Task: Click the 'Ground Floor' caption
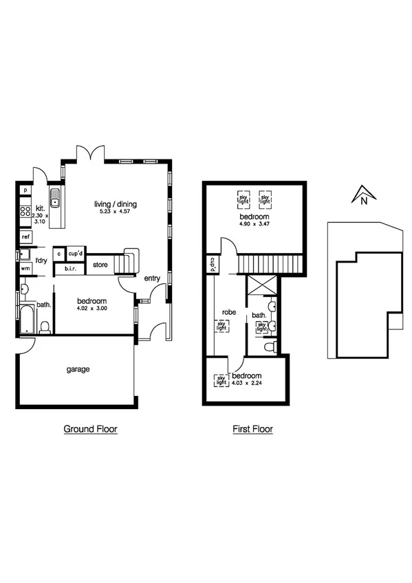[x=90, y=429]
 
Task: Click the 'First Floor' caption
[x=252, y=429]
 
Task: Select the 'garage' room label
[x=78, y=369]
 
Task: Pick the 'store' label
[x=100, y=264]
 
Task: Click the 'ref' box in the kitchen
[x=25, y=236]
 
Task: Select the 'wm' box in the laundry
[x=25, y=267]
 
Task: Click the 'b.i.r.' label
[x=70, y=268]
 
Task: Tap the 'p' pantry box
[x=25, y=190]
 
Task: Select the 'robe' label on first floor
[x=228, y=311]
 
